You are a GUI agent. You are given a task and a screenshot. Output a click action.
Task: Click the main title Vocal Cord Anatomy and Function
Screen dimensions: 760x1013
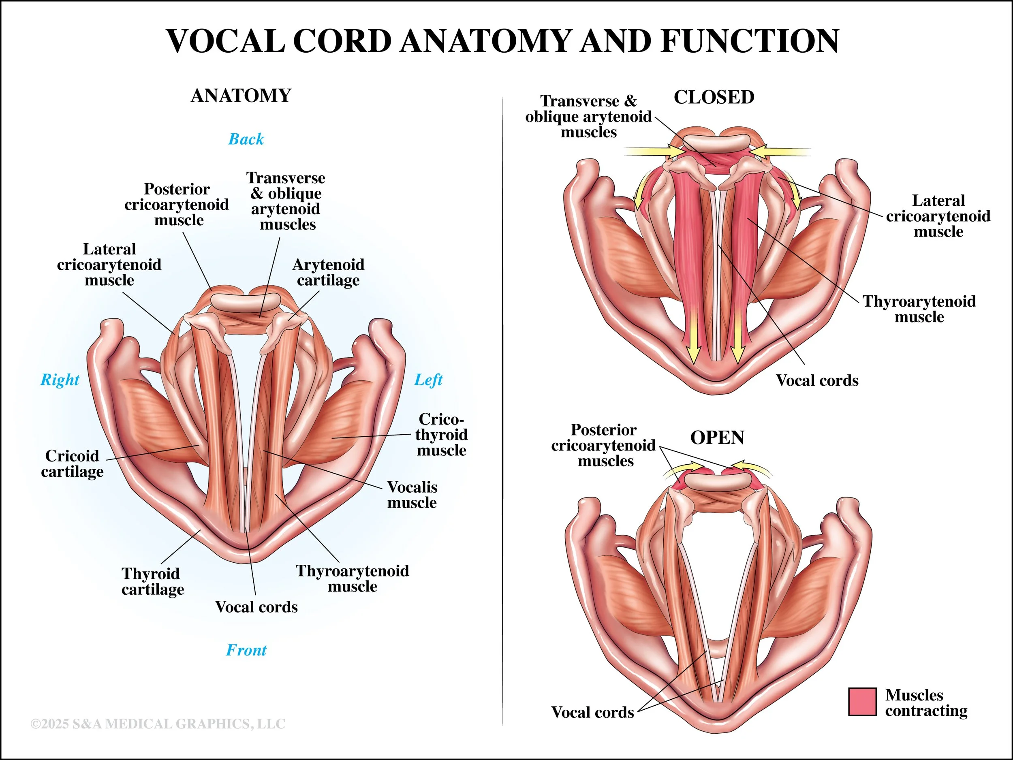click(x=502, y=41)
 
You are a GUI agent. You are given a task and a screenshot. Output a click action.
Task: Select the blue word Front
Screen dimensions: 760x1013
click(x=246, y=650)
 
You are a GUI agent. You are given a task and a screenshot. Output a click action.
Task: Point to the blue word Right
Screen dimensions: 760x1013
click(x=60, y=380)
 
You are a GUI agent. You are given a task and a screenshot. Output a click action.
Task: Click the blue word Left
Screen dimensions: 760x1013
click(x=428, y=380)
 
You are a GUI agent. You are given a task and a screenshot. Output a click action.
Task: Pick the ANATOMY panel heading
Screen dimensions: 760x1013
click(x=241, y=96)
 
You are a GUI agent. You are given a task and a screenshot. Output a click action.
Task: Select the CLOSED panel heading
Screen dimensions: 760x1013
click(x=714, y=97)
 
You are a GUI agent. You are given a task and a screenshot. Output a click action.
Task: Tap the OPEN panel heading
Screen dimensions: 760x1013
click(x=717, y=438)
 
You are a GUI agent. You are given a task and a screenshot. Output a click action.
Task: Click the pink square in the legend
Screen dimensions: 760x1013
click(x=862, y=702)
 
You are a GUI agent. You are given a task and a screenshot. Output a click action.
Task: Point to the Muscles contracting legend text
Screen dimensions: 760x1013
click(x=926, y=703)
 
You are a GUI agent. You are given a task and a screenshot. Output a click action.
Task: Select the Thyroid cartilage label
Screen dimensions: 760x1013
click(x=152, y=581)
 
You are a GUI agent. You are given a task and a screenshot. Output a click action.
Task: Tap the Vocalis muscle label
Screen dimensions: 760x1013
click(x=412, y=495)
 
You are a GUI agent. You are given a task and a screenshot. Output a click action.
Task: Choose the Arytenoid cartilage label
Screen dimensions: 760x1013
click(x=328, y=272)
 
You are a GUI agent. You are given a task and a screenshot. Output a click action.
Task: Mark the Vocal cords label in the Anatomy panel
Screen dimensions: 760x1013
click(x=256, y=607)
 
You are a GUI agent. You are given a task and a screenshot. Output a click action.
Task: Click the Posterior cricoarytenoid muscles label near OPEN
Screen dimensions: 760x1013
click(x=604, y=445)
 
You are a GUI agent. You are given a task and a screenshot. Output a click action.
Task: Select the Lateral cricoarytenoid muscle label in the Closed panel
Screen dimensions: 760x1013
click(x=938, y=216)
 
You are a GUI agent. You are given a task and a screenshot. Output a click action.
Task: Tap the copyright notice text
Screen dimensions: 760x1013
click(x=158, y=724)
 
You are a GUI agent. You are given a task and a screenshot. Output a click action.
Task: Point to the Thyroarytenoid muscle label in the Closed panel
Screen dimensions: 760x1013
click(x=919, y=309)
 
